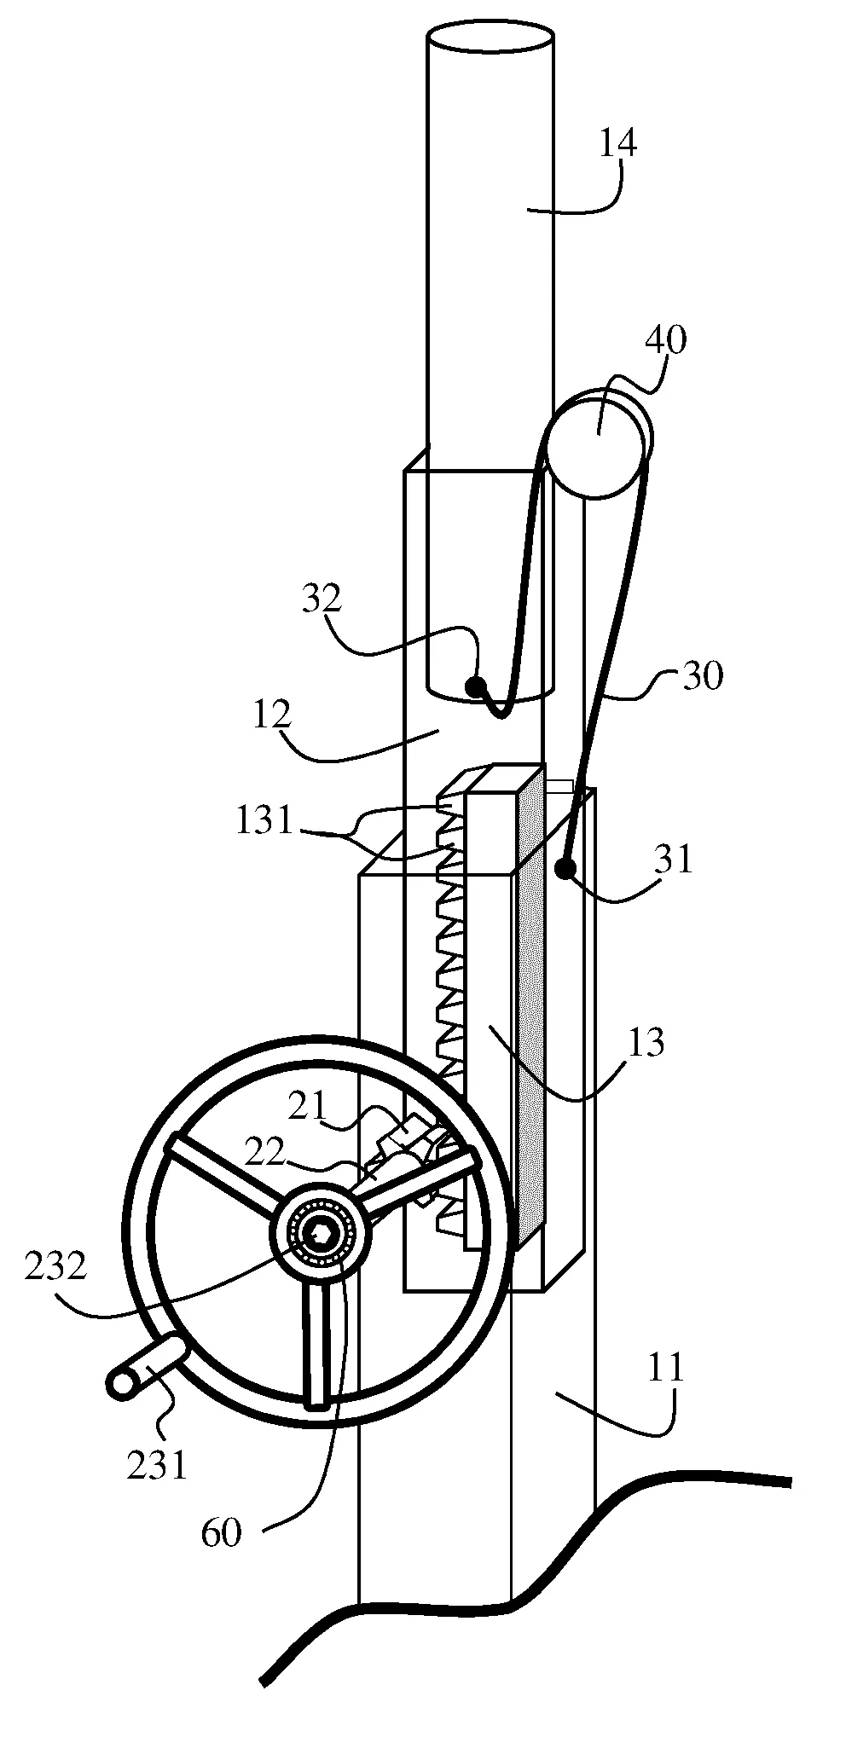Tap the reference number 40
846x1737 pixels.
pos(666,340)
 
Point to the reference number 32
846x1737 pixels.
pos(322,599)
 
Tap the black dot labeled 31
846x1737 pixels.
pos(565,869)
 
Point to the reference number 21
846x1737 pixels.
pos(307,1106)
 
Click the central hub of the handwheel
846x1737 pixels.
pos(321,1234)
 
